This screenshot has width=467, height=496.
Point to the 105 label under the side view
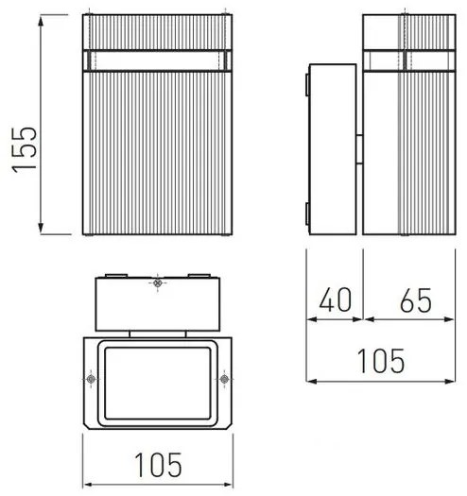click(379, 360)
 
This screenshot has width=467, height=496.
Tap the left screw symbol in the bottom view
click(90, 380)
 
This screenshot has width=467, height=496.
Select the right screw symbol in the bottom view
click(225, 380)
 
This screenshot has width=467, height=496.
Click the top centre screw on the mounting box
click(157, 283)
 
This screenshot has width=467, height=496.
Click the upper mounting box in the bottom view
click(157, 301)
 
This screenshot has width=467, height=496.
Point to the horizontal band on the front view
click(157, 60)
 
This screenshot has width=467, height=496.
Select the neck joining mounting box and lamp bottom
click(157, 332)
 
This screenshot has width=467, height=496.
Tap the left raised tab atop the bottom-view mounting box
click(114, 275)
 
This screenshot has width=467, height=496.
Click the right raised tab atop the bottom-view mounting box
click(199, 275)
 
